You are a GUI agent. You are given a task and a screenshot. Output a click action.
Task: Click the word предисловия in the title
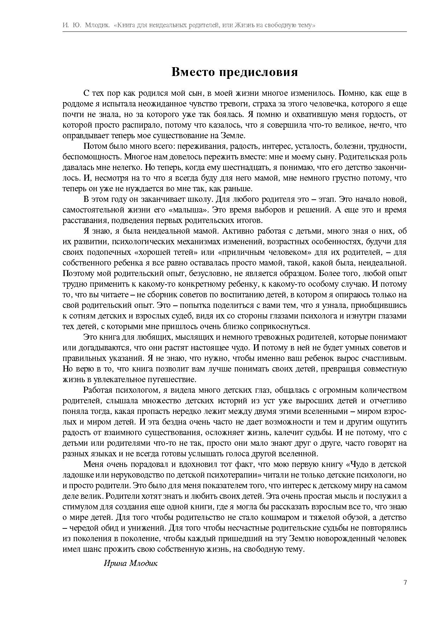tap(258, 72)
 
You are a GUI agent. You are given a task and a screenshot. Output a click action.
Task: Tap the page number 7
tap(405, 583)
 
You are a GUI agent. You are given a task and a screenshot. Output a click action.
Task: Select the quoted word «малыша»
tap(188, 210)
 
